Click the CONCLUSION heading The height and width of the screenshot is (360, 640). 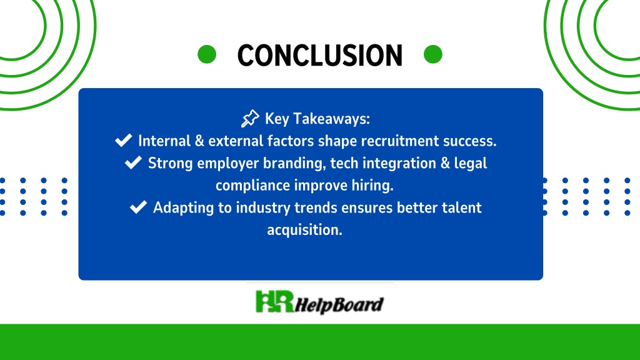click(x=320, y=55)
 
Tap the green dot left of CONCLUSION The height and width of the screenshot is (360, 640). click(x=207, y=54)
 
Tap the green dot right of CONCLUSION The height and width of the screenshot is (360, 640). click(x=433, y=54)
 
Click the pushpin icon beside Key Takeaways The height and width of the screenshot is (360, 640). click(x=250, y=118)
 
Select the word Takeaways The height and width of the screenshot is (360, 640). click(x=331, y=119)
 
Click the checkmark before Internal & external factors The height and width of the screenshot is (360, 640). click(x=123, y=140)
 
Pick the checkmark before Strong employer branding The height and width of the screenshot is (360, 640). click(x=133, y=162)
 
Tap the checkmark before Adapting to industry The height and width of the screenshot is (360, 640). click(x=138, y=206)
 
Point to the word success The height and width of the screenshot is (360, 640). click(x=470, y=141)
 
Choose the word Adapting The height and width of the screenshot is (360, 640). click(x=183, y=207)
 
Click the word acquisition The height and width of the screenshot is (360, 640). click(x=304, y=230)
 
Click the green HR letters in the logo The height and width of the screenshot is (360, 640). click(x=274, y=302)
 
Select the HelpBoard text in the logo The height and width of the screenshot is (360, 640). click(x=339, y=305)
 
